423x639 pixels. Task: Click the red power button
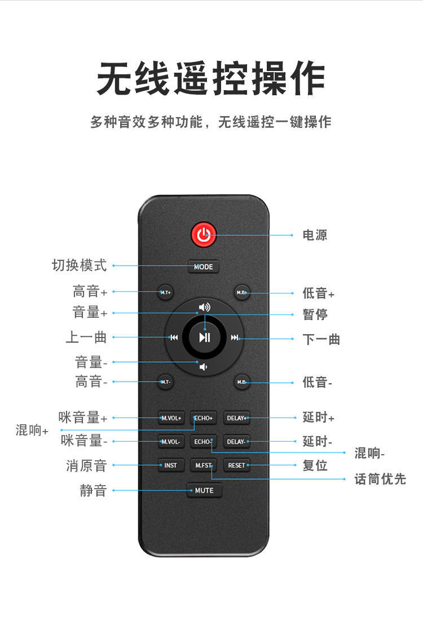(x=204, y=235)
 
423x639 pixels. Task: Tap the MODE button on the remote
(x=204, y=267)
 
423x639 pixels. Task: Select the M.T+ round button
(x=165, y=292)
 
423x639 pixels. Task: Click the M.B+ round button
(x=242, y=292)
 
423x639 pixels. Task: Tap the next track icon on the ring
(x=235, y=338)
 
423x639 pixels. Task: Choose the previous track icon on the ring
(x=174, y=338)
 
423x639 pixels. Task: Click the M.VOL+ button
(x=171, y=418)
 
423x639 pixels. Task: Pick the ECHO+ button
(x=203, y=418)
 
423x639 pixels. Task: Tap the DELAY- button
(x=236, y=442)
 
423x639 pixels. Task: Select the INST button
(x=171, y=465)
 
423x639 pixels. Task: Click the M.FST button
(x=203, y=465)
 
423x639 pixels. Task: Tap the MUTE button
(x=204, y=490)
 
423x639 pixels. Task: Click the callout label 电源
(x=315, y=235)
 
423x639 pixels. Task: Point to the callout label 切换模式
(x=79, y=265)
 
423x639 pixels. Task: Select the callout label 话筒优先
(x=380, y=479)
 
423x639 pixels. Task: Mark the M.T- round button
(x=165, y=382)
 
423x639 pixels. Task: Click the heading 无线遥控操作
(x=211, y=79)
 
